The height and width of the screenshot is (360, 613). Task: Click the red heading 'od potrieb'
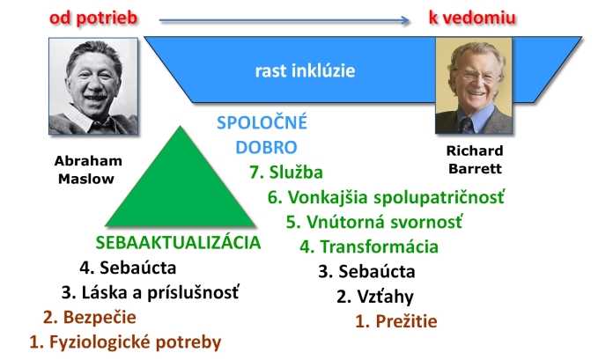tap(93, 18)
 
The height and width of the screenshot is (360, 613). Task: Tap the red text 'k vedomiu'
tap(472, 18)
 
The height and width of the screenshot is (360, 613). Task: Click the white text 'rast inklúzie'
tap(305, 70)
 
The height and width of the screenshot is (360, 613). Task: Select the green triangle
tap(181, 187)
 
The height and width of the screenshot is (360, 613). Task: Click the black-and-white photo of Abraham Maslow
tap(93, 86)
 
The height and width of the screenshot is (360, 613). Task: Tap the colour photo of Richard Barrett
tap(474, 85)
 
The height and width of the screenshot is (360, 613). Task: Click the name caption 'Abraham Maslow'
tap(88, 170)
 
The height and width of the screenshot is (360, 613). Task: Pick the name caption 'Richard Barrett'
tap(475, 159)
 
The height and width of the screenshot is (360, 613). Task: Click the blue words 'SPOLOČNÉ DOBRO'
tap(262, 135)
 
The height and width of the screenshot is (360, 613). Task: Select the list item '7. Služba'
tap(286, 173)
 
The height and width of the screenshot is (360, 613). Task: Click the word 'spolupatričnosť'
tap(439, 197)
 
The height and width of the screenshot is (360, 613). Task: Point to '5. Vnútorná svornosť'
tap(374, 222)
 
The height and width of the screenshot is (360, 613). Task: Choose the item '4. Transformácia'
tap(369, 246)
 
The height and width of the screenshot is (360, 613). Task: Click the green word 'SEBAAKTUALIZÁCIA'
tap(178, 243)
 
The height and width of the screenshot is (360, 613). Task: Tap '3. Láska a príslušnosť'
tap(150, 293)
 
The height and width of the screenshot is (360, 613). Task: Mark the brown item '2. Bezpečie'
tap(90, 317)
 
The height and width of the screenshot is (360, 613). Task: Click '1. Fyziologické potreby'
tap(125, 342)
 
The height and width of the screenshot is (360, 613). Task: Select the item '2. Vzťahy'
tap(375, 297)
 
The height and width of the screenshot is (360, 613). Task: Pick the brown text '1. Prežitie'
tap(396, 321)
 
